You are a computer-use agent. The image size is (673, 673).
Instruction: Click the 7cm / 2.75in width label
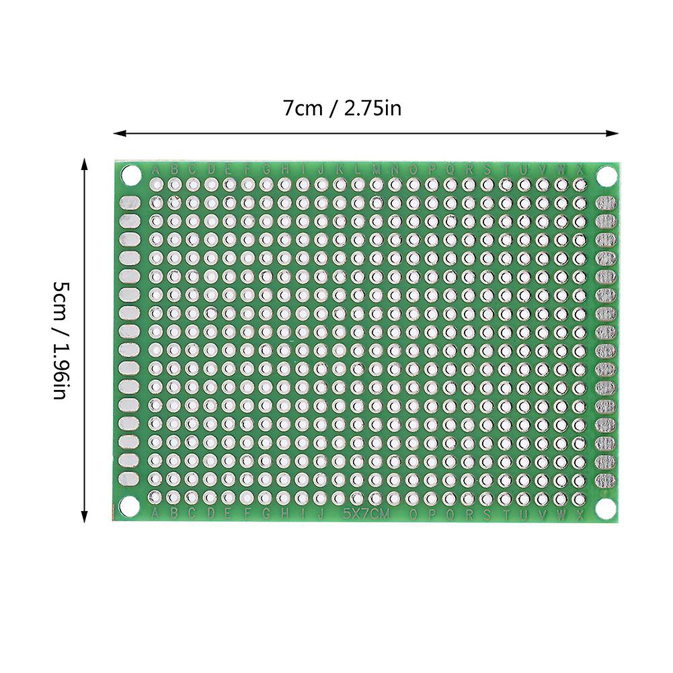coord(342,108)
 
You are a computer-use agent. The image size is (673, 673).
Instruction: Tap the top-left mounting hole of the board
coord(130,175)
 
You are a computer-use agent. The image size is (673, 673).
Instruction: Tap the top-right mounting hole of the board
coord(606,175)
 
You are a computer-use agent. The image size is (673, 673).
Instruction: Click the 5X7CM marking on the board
coord(366,515)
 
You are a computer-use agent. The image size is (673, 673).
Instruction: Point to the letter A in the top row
coord(156,169)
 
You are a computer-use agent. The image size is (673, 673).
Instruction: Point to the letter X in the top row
coord(580,169)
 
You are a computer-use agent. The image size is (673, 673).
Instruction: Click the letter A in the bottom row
coord(156,514)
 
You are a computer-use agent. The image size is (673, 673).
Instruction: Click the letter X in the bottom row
coord(580,514)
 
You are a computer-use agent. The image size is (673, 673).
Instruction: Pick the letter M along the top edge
coord(377,169)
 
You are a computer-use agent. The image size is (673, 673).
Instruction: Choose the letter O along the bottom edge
coord(413,515)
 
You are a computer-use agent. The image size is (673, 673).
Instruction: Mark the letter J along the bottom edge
coord(321,515)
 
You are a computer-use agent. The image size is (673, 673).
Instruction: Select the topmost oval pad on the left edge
coord(130,203)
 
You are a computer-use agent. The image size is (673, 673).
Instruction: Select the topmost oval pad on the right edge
coord(606,203)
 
